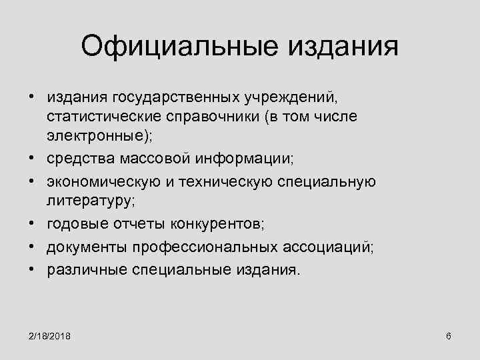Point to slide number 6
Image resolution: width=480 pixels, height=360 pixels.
click(x=449, y=334)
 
